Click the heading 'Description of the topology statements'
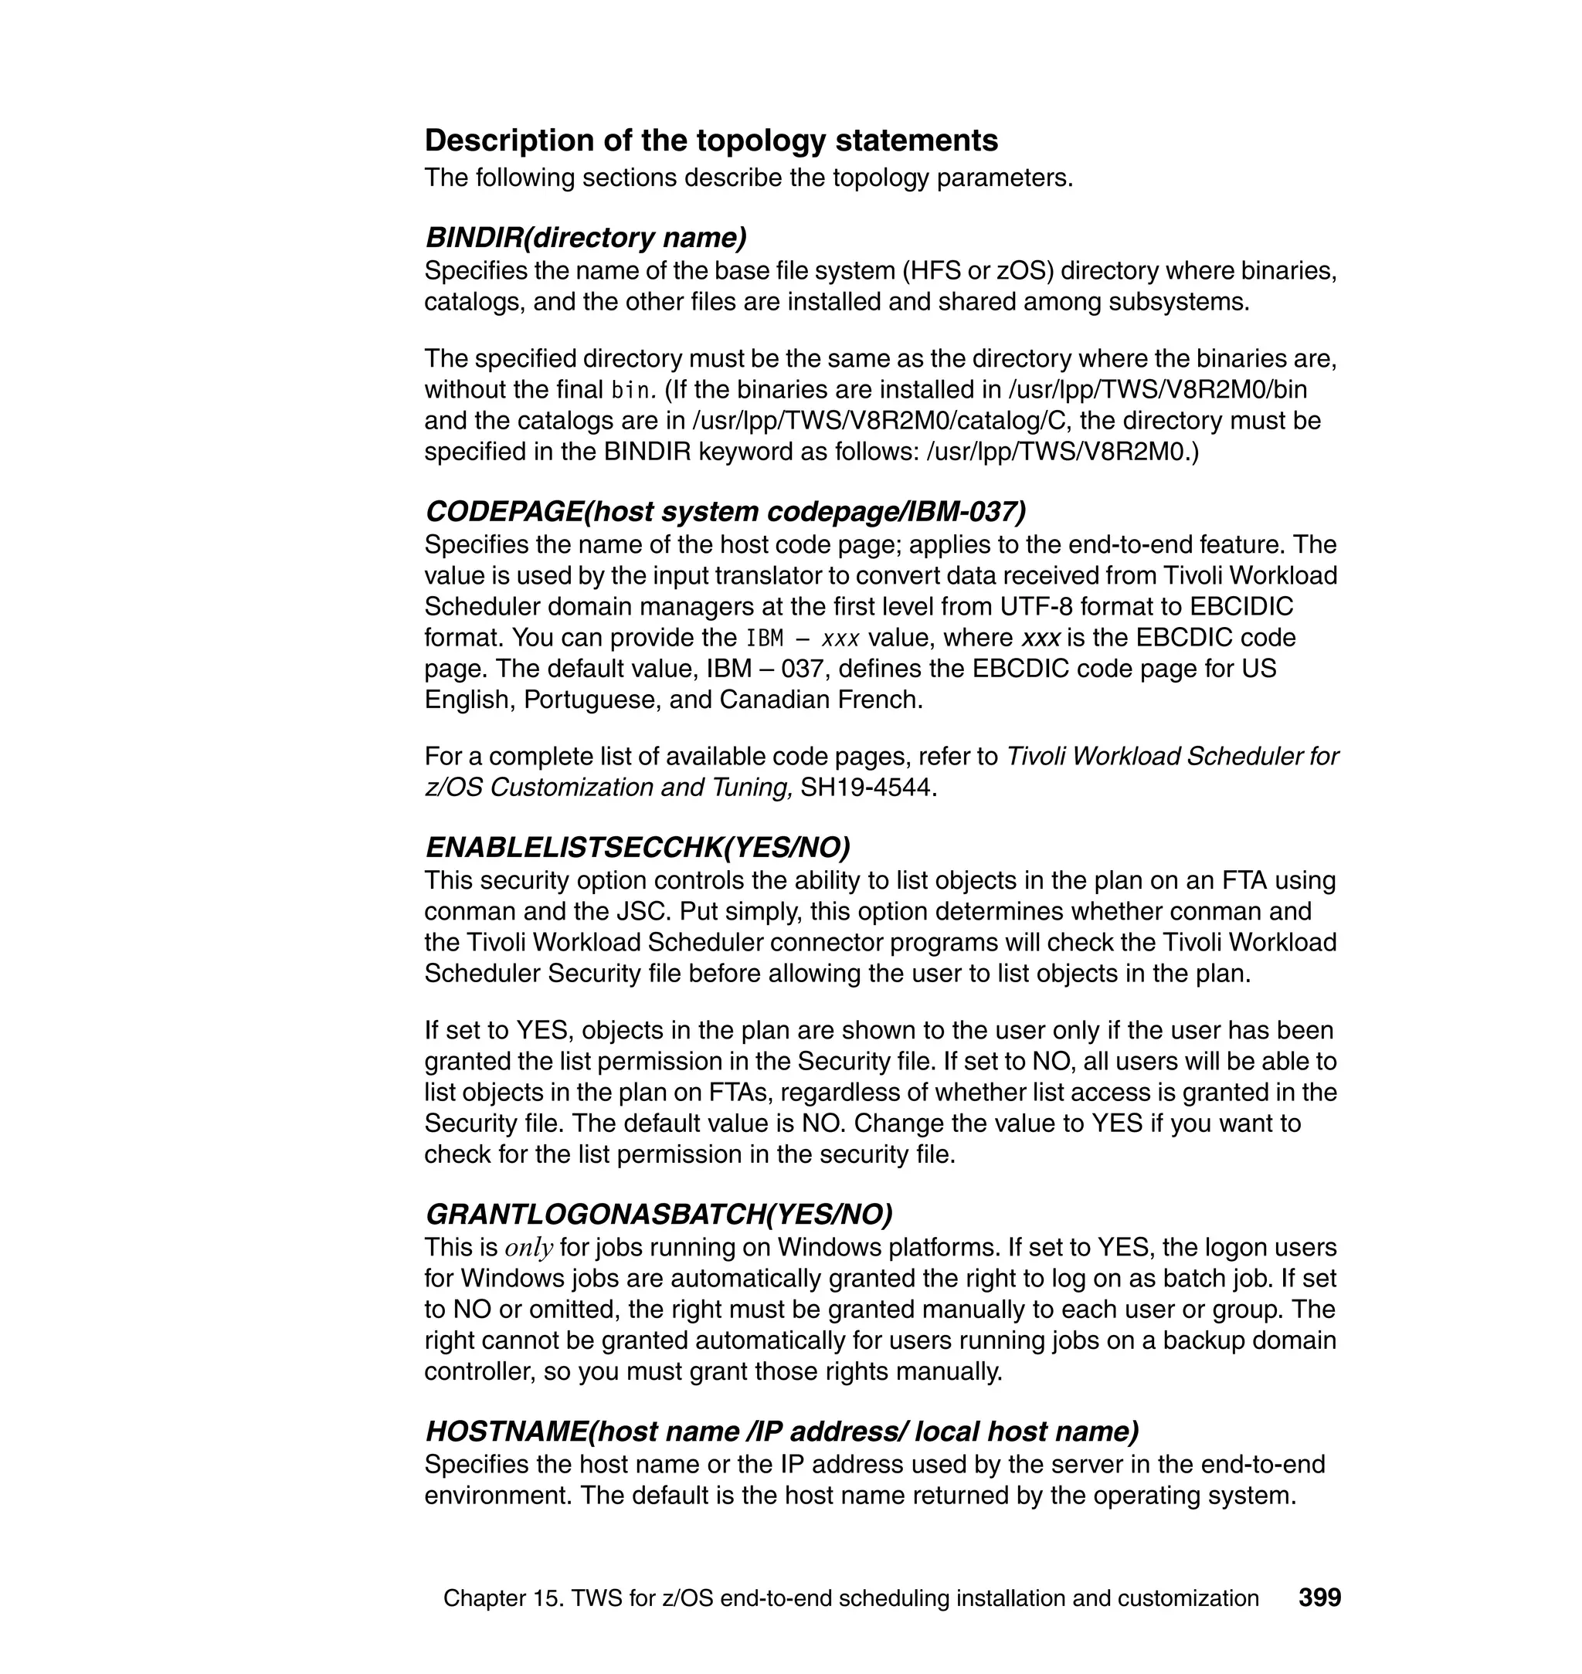711,140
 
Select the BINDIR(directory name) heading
586,238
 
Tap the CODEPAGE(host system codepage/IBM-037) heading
725,512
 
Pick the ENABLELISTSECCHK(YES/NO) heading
637,847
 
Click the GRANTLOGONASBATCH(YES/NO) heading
659,1215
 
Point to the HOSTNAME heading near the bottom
782,1432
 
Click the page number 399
1319,1598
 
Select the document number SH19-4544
867,788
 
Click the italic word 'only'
528,1248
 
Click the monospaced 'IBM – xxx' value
802,638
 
